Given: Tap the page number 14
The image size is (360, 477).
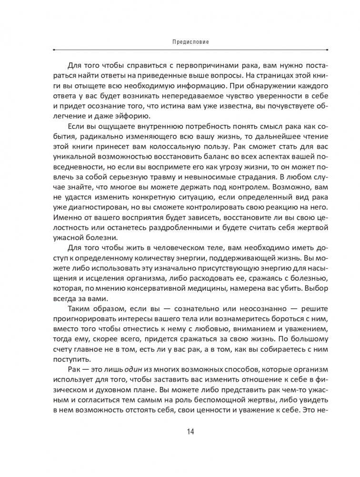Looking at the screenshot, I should (190, 432).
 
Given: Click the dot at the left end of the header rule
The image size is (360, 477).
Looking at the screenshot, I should (52, 49).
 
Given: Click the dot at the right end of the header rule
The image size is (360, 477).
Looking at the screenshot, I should (327, 49).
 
